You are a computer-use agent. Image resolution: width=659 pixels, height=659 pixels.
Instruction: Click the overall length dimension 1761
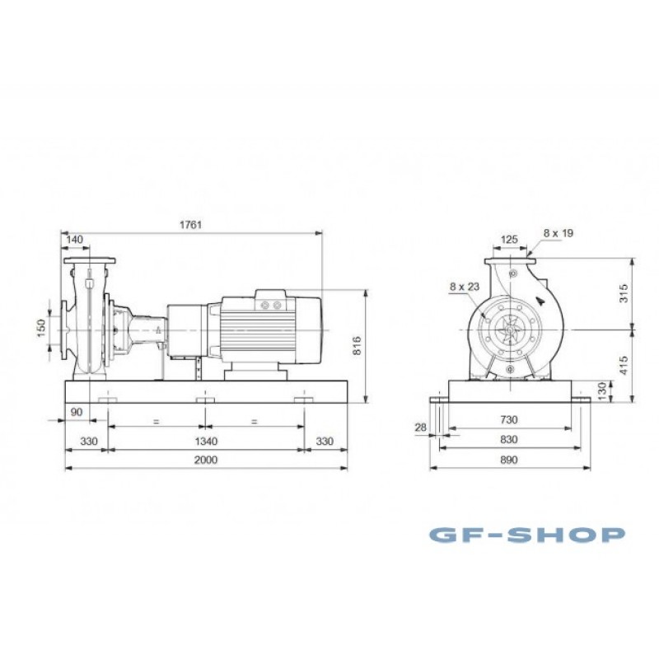191,224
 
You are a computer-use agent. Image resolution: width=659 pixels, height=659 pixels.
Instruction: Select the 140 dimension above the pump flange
75,240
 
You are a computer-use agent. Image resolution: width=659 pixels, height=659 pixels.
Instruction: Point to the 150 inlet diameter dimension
40,328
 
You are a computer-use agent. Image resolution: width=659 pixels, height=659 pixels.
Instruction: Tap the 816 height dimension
357,345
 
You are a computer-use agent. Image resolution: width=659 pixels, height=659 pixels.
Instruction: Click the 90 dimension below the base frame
77,412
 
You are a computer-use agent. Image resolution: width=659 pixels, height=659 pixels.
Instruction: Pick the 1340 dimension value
207,441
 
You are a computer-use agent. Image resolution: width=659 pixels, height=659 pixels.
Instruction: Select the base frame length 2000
206,460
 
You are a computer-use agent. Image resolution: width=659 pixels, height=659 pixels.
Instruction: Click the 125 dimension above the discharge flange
509,240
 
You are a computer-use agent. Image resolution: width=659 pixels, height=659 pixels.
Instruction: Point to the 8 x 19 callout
559,233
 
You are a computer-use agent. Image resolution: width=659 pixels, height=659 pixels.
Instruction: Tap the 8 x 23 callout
465,287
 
